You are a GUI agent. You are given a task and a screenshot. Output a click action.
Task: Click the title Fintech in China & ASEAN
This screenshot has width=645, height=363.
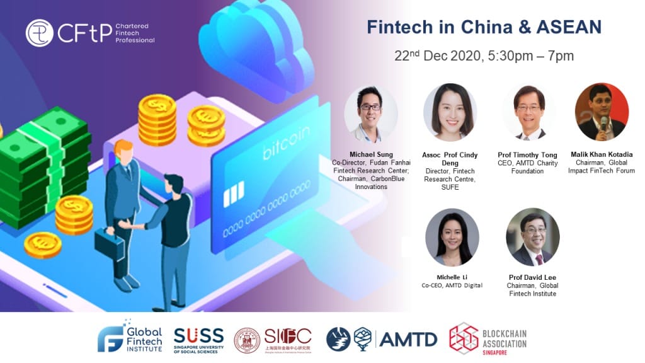pos(484,27)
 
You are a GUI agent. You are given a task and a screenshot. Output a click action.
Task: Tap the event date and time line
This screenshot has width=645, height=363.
pos(484,55)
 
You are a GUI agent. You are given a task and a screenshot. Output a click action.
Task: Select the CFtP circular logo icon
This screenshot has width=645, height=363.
pos(40,33)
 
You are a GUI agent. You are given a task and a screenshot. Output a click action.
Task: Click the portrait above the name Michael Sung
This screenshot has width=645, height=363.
pos(370,113)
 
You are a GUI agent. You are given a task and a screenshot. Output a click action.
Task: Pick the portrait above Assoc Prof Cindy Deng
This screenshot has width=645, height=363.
pos(450,112)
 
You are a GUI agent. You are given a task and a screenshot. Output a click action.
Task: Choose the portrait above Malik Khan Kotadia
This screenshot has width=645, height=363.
pos(602,112)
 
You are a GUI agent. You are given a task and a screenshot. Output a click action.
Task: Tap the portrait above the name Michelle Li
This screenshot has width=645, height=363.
pos(452,237)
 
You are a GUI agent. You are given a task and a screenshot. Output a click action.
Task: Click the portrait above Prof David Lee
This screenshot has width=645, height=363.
pos(532,237)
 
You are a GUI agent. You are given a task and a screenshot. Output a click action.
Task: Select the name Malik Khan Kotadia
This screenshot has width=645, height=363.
pos(602,154)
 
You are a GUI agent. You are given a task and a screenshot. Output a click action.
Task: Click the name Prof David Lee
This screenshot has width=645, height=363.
pos(532,277)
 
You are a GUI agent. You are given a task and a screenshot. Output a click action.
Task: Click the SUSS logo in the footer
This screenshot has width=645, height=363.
pos(198,338)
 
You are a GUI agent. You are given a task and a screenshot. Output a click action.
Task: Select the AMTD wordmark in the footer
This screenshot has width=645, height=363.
pos(408,339)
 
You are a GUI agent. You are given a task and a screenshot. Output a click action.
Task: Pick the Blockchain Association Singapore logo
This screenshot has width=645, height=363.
pos(488,338)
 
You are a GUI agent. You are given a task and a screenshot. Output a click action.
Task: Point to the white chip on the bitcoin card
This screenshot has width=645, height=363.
pos(234,193)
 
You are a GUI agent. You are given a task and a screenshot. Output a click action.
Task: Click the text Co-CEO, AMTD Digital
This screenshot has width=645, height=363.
pos(452,285)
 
